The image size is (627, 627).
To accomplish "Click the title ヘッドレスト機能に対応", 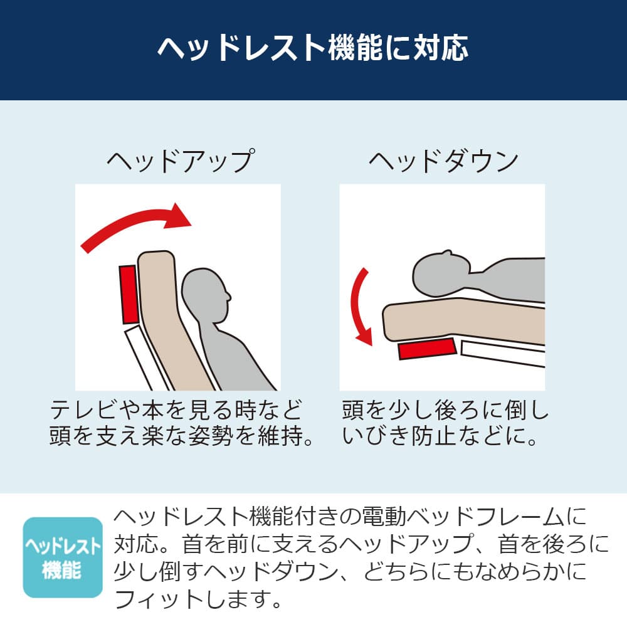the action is point(313,48).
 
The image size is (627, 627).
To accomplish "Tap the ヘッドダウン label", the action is point(443,162).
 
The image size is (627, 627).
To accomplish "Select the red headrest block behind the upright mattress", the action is point(129,294).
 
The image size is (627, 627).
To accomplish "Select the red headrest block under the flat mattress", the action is point(427,348).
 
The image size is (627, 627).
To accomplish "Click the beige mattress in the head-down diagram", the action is point(464,320).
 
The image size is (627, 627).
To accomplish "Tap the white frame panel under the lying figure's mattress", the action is point(503,352).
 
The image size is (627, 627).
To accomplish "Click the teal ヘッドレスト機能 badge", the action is point(63,557).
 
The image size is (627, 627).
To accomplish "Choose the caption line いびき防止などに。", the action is point(440,436).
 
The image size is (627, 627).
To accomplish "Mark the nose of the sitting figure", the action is point(229,297).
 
